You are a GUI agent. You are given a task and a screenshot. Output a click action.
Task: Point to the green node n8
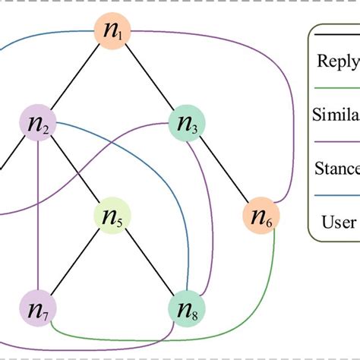187,310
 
